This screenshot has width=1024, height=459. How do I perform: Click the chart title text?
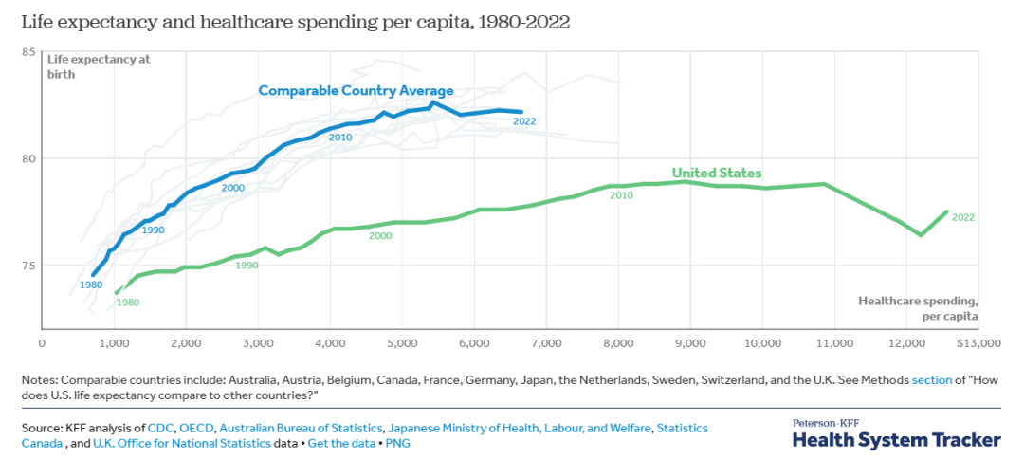295,21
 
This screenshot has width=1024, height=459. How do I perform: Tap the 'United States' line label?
717,173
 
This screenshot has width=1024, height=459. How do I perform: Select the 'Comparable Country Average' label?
356,91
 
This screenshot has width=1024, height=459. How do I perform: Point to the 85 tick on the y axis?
28,51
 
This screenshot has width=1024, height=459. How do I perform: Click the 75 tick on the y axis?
28,265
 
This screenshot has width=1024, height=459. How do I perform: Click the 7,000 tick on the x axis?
546,342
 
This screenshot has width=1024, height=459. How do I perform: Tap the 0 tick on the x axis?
42,342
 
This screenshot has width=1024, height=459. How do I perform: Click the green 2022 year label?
962,217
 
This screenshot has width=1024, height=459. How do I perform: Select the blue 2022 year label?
524,120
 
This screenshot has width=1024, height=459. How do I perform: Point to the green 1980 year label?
127,303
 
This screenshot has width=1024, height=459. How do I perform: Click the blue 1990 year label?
154,230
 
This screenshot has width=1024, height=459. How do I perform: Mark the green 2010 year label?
621,195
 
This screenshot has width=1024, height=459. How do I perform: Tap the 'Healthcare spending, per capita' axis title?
918,307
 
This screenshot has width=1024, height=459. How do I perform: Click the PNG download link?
399,443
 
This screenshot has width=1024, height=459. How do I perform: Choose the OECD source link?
195,429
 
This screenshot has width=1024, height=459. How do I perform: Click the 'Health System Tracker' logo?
896,439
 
